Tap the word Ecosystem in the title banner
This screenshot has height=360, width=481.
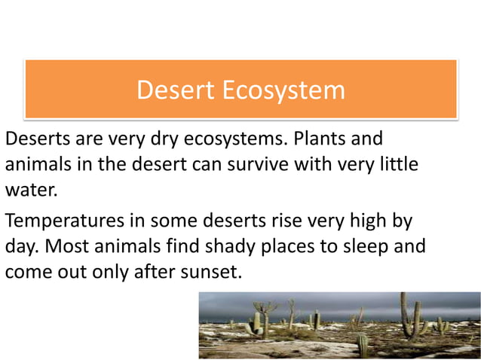click(x=283, y=90)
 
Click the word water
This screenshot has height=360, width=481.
click(x=31, y=189)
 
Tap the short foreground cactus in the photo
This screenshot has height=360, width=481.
click(x=362, y=346)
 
